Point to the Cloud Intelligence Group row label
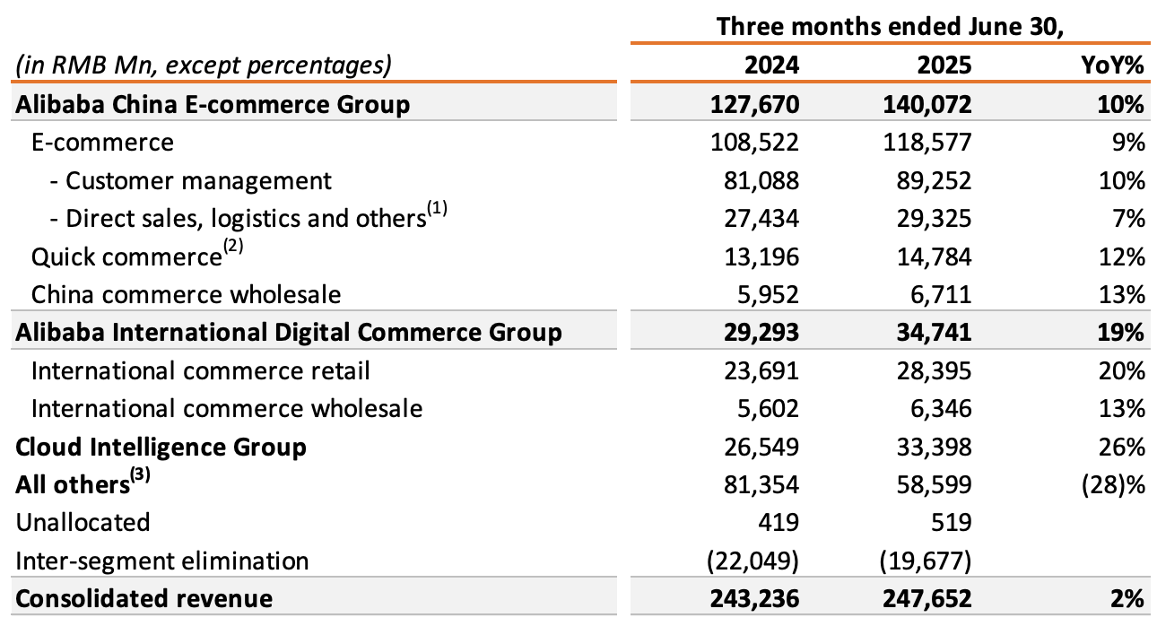click(161, 447)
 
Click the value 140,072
click(928, 104)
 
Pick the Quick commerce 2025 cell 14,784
click(936, 257)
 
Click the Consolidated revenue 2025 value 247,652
click(928, 598)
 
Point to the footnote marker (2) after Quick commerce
click(233, 250)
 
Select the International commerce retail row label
click(201, 370)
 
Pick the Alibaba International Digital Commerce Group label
click(289, 333)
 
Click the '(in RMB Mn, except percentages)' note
click(203, 65)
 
